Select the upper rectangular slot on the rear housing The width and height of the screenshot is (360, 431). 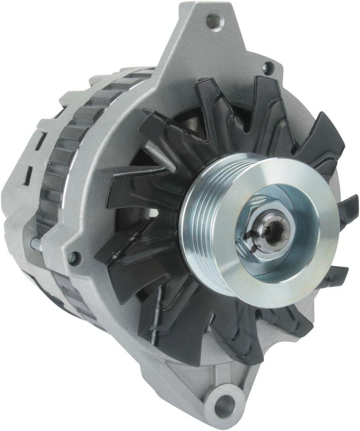pos(42,141)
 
